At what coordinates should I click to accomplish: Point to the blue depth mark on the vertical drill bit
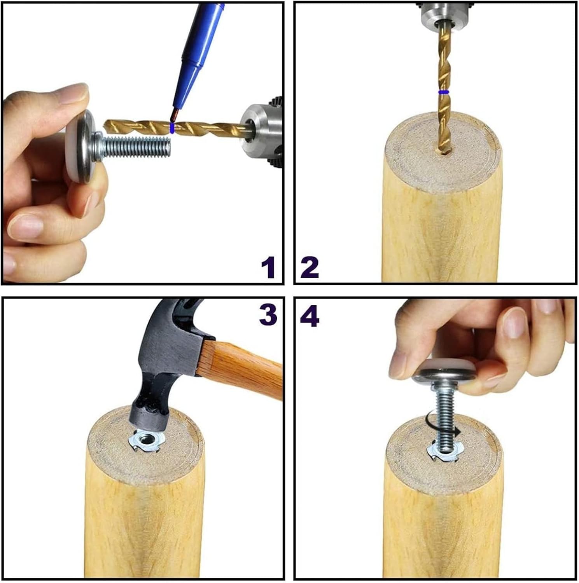coord(443,93)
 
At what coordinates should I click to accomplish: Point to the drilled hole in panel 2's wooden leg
coord(443,154)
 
